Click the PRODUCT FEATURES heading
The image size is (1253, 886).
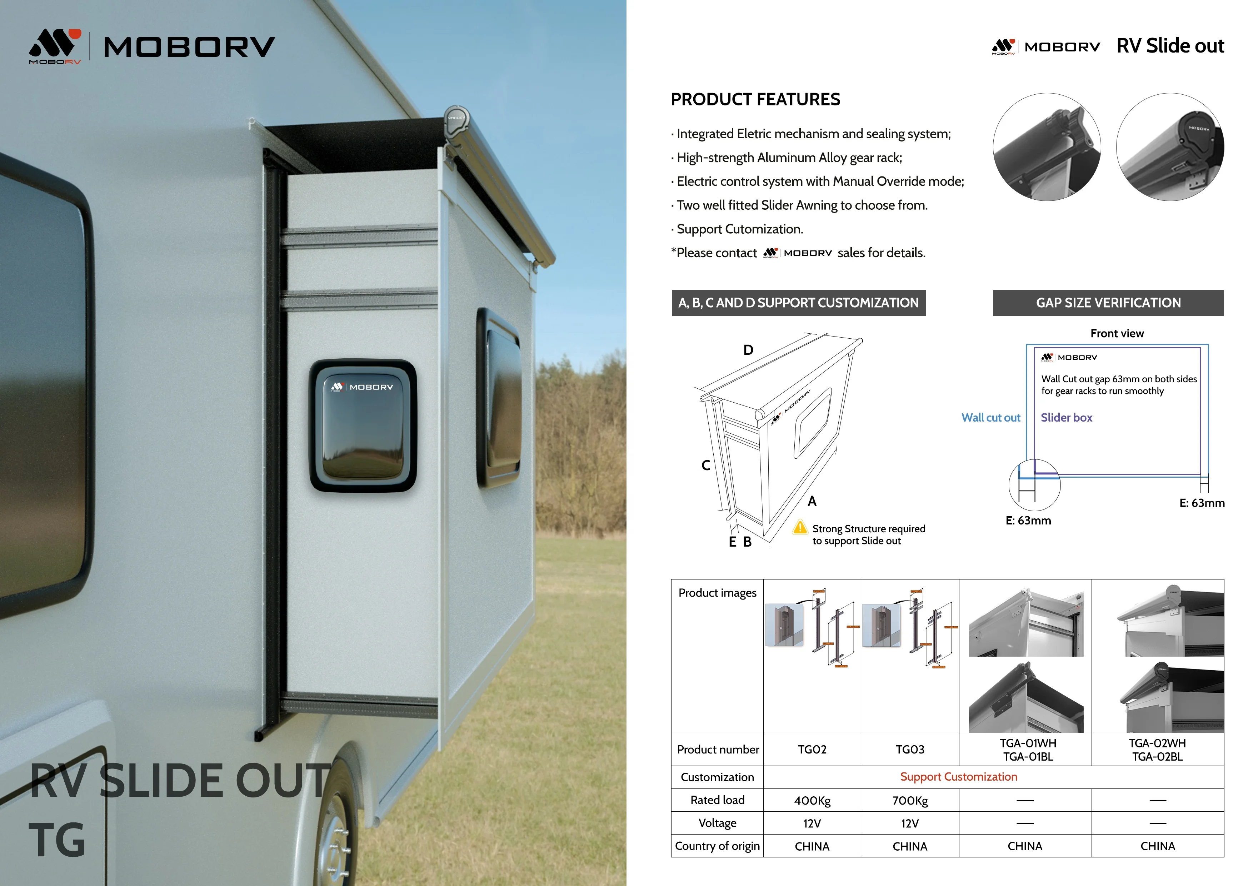click(x=755, y=99)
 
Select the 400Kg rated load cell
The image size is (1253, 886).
click(x=812, y=800)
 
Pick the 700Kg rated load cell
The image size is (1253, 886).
click(x=910, y=800)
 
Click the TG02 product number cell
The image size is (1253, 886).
click(x=812, y=750)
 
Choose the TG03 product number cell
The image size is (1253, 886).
click(x=910, y=750)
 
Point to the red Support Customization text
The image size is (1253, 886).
click(x=958, y=777)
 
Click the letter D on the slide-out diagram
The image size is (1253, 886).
click(x=748, y=350)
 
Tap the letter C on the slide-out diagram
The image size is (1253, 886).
click(x=706, y=465)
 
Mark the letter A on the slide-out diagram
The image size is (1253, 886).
click(x=812, y=501)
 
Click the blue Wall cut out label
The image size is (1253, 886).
click(x=990, y=418)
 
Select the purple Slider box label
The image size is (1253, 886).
click(x=1066, y=418)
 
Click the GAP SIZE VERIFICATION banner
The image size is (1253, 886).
click(x=1108, y=303)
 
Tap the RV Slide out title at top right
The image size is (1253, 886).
click(x=1170, y=46)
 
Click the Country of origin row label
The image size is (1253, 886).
click(x=717, y=846)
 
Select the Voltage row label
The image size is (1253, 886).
click(x=717, y=823)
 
